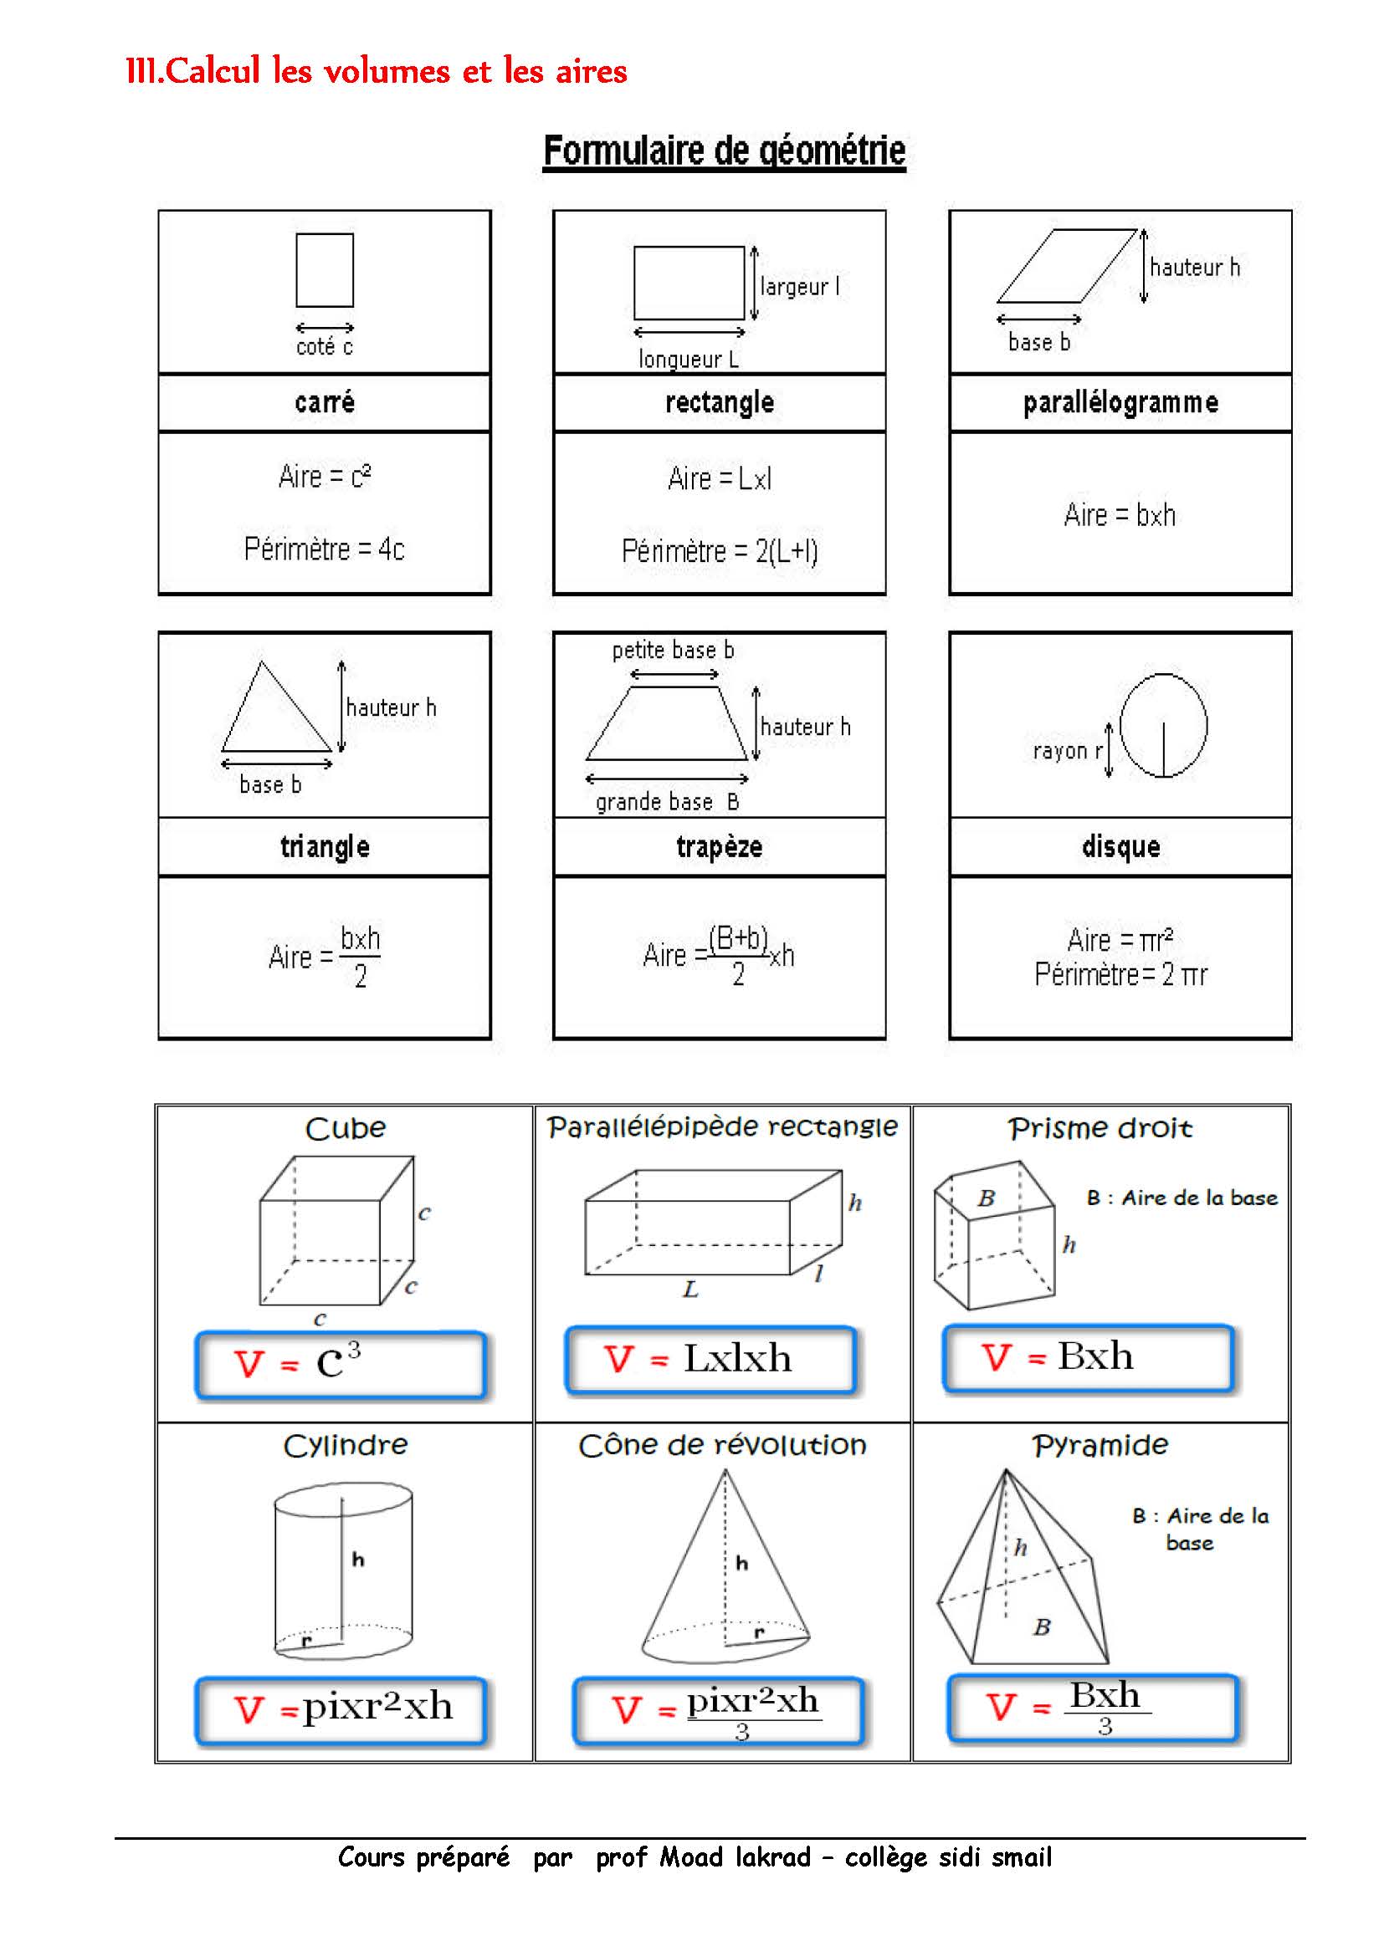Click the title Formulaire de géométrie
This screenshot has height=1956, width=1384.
(725, 151)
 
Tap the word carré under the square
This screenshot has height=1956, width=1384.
(324, 402)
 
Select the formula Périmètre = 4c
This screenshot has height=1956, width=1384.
(324, 549)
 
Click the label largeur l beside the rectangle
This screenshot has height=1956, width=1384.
(799, 286)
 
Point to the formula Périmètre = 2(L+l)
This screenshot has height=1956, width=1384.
(720, 552)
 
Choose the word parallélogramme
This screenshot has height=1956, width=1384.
(1120, 402)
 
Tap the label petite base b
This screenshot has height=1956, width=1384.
(673, 650)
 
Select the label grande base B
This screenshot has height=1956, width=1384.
(667, 802)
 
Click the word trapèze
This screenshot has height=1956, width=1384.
(720, 847)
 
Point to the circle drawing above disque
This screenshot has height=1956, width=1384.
(1162, 725)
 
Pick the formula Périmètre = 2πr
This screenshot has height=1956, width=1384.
(1120, 974)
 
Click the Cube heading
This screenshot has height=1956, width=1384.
(345, 1129)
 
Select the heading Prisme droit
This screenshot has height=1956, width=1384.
(1100, 1129)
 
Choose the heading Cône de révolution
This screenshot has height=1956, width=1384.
(722, 1446)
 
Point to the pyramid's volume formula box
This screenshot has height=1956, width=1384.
(1092, 1708)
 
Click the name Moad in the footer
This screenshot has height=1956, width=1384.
(691, 1857)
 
